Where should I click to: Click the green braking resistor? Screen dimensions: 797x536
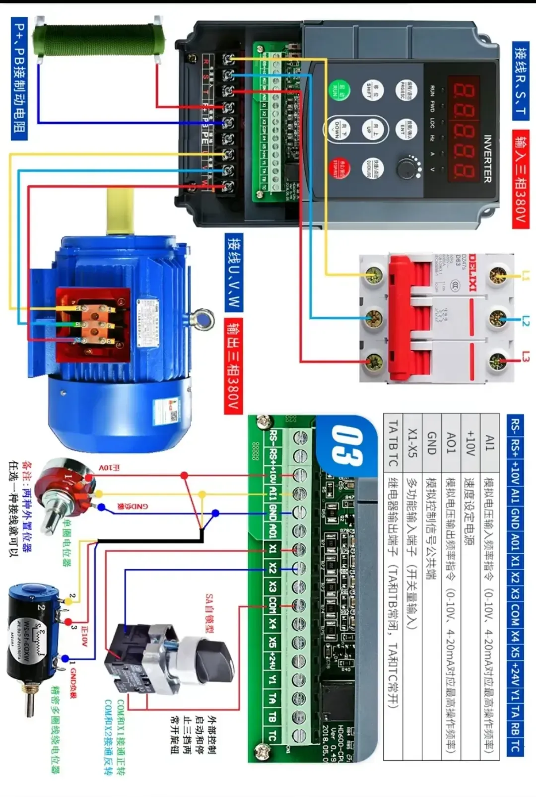[x=97, y=40]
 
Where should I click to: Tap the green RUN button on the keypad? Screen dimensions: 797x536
[x=341, y=90]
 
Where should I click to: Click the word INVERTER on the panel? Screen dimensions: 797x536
[x=487, y=159]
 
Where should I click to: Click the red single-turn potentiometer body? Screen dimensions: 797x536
[x=65, y=487]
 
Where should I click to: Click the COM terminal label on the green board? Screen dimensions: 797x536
[x=272, y=603]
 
